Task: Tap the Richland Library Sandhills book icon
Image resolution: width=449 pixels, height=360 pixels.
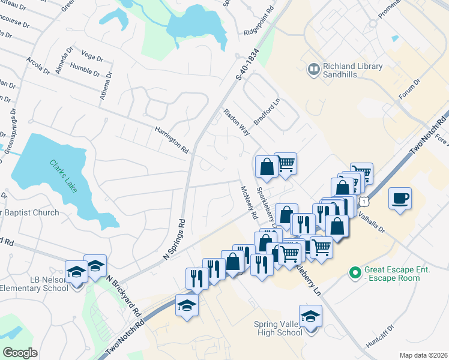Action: (x=313, y=70)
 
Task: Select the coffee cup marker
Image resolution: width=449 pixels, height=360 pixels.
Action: (x=400, y=197)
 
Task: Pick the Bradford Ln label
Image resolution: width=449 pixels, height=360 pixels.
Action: (x=267, y=112)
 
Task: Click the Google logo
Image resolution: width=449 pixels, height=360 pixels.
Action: (x=20, y=353)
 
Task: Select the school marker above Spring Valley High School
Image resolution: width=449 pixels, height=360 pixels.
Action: (x=310, y=316)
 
